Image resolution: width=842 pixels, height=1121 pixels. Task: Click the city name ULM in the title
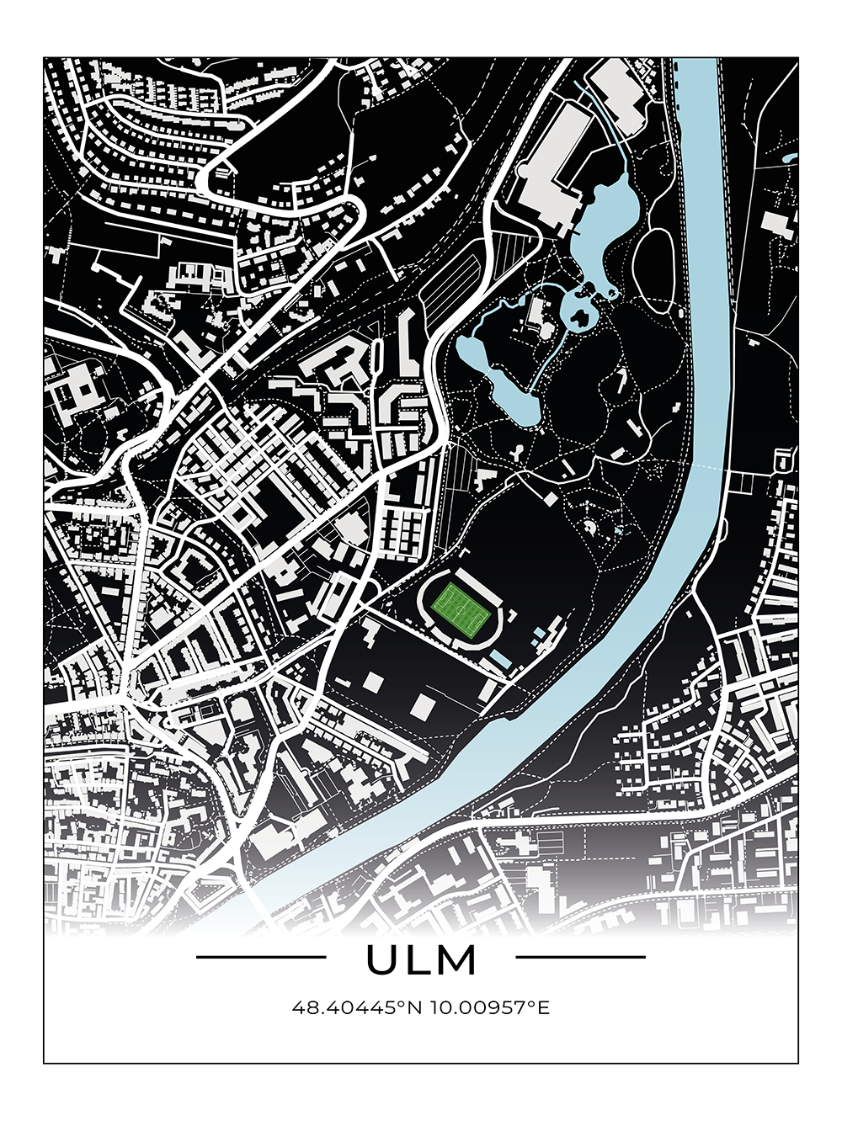(421, 960)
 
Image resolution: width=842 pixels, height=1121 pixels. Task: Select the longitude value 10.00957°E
(489, 1007)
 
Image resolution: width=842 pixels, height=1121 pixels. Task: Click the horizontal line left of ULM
(261, 957)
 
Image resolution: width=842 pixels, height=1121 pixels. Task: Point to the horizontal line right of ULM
(580, 957)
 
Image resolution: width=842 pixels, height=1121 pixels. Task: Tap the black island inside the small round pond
(580, 316)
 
